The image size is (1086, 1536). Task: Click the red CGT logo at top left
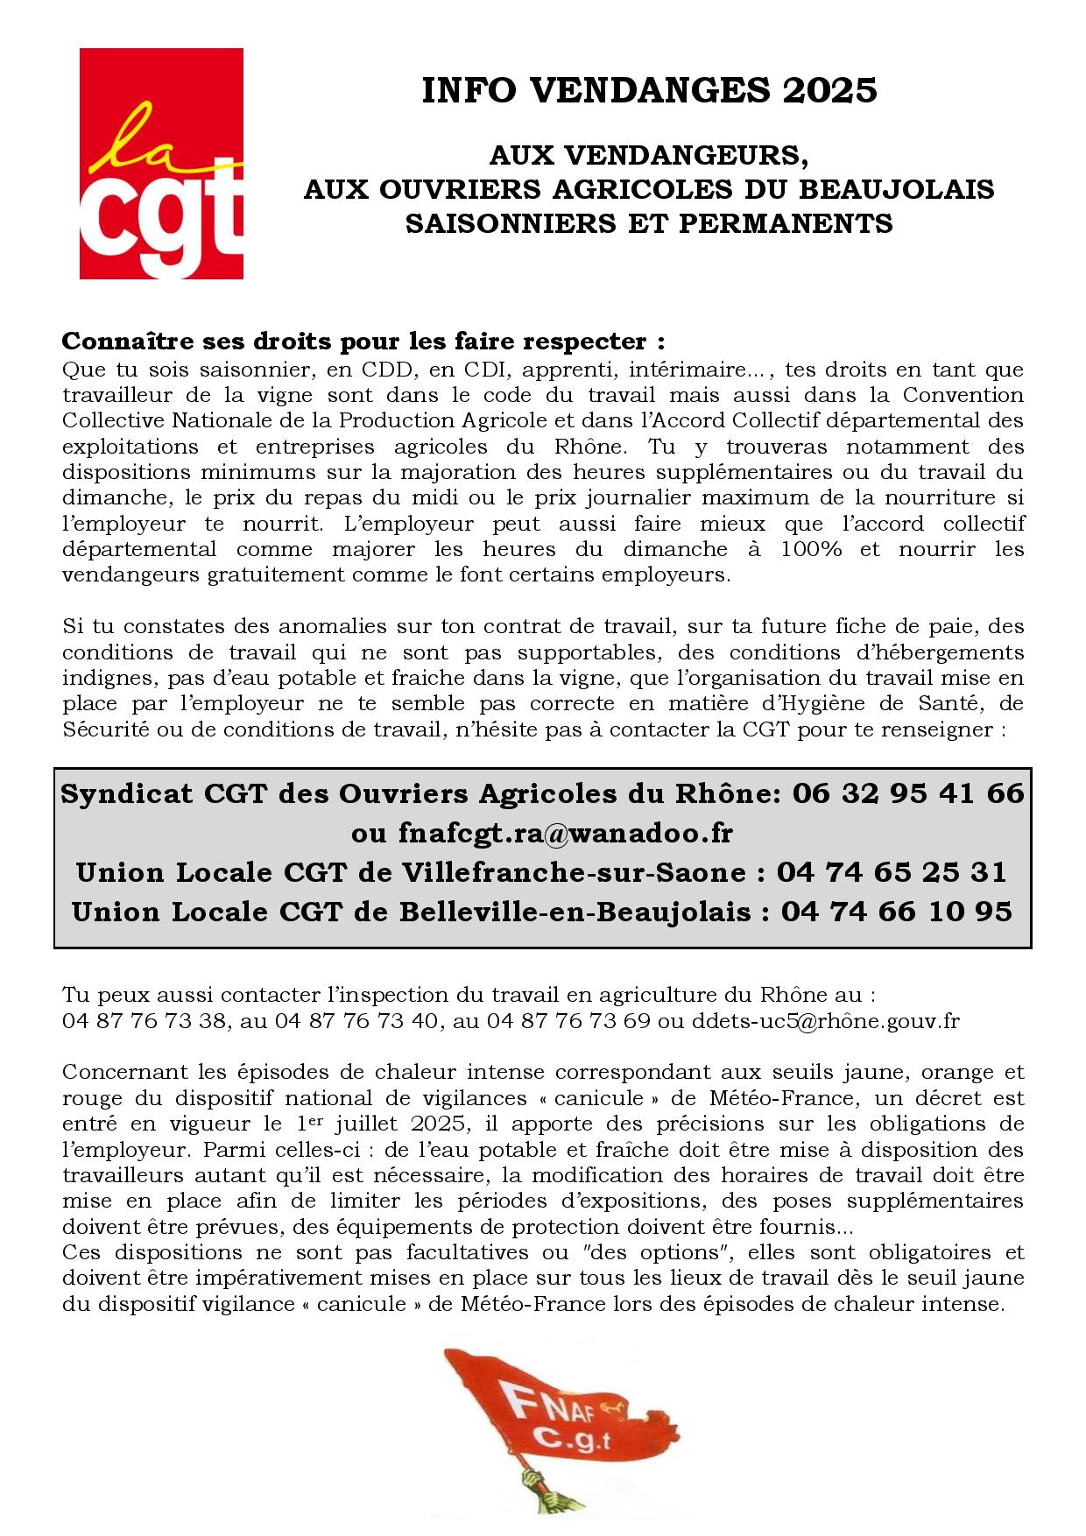pyautogui.click(x=161, y=164)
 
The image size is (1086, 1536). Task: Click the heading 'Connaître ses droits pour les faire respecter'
pyautogui.click(x=363, y=340)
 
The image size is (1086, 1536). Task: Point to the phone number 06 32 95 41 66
pyautogui.click(x=908, y=793)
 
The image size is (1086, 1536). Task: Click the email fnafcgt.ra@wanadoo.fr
pyautogui.click(x=542, y=833)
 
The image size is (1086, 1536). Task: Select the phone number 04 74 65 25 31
pyautogui.click(x=892, y=872)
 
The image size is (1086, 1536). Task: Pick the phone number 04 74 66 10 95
pyautogui.click(x=896, y=912)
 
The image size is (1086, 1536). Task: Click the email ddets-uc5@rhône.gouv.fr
pyautogui.click(x=826, y=1021)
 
